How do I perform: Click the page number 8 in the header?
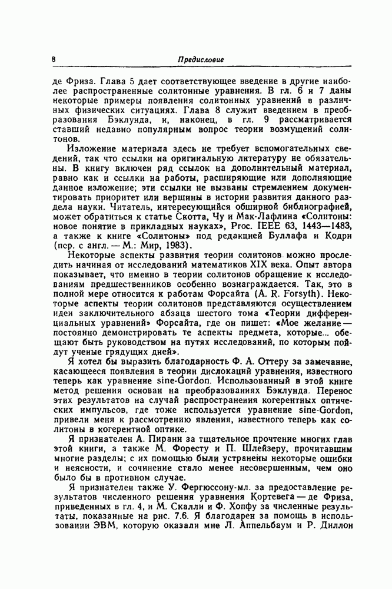(x=53, y=60)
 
